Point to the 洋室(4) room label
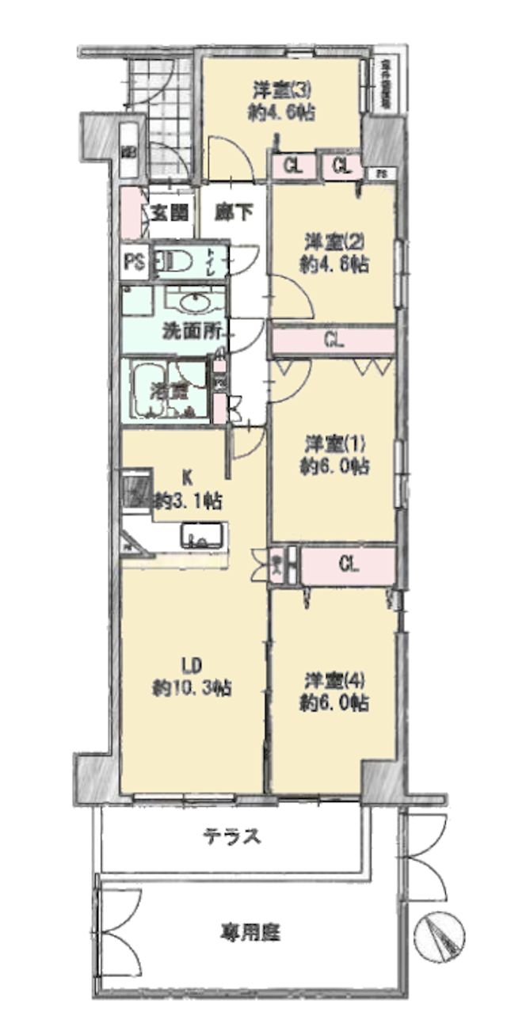pyautogui.click(x=334, y=679)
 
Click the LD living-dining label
pyautogui.click(x=191, y=663)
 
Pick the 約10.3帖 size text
pyautogui.click(x=192, y=687)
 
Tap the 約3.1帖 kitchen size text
pyautogui.click(x=188, y=500)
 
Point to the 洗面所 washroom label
pyautogui.click(x=192, y=333)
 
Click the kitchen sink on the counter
pyautogui.click(x=201, y=538)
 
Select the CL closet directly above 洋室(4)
pyautogui.click(x=348, y=565)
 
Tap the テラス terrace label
pyautogui.click(x=231, y=836)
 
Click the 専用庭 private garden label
pyautogui.click(x=250, y=933)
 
